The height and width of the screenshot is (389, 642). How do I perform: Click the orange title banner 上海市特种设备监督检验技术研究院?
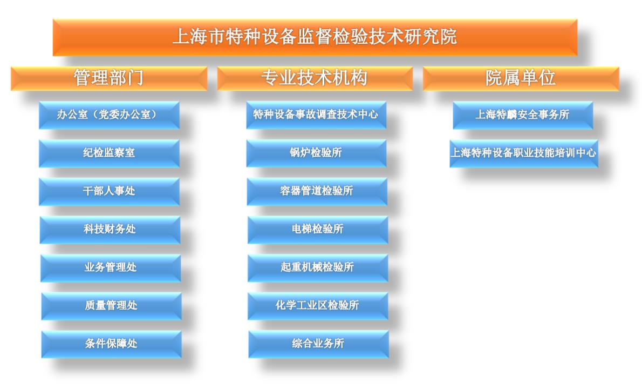click(315, 37)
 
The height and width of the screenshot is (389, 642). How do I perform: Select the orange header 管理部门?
click(109, 78)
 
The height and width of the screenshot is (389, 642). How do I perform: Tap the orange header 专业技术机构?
click(315, 78)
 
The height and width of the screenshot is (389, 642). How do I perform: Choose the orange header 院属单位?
click(521, 78)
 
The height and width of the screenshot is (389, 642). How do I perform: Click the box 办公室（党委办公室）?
click(110, 115)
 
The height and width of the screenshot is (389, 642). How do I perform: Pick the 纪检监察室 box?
click(110, 153)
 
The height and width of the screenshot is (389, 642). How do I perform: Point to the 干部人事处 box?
click(110, 191)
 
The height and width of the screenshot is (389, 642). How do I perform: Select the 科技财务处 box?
click(110, 230)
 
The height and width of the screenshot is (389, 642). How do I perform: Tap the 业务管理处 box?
click(111, 267)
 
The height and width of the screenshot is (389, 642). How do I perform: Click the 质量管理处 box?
click(111, 306)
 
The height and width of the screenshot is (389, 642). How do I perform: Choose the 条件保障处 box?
click(111, 344)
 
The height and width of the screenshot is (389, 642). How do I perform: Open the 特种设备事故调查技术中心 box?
click(317, 115)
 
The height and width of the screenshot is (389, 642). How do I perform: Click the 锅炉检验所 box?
click(317, 153)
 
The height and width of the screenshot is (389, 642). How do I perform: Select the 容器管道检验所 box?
click(317, 191)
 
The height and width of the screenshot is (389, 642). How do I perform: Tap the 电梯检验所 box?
click(318, 230)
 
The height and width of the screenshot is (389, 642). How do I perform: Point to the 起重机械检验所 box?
click(318, 267)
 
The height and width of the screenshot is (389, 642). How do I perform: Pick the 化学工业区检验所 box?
click(318, 306)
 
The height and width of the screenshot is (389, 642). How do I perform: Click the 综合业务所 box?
click(318, 344)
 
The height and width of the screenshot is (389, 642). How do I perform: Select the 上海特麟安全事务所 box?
click(523, 115)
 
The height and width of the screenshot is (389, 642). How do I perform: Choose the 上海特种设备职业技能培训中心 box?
click(524, 153)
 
